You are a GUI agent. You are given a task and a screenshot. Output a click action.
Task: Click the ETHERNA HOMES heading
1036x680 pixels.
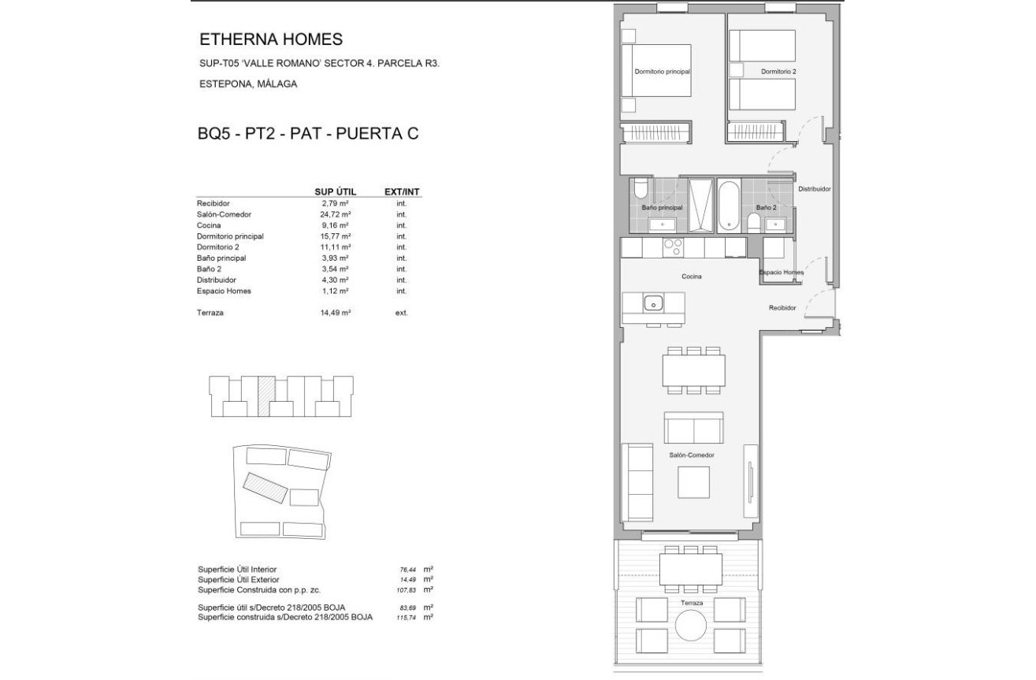271,39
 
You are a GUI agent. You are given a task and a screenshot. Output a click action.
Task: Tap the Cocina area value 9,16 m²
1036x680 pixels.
335,225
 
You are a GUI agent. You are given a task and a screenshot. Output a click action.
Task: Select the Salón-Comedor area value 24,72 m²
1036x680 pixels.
335,214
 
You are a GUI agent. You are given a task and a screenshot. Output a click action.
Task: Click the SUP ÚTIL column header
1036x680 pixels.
336,192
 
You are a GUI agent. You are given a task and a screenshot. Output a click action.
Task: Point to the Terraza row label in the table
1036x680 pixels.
210,313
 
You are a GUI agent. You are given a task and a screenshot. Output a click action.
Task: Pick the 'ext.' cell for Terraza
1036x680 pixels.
402,313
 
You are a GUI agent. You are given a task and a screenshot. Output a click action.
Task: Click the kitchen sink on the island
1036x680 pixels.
653,304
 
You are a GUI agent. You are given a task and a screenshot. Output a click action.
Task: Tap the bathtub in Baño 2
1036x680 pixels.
730,206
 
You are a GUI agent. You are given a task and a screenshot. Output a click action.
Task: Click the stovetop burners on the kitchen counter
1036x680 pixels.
673,247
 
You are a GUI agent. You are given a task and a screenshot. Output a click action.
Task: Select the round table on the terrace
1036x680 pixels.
691,625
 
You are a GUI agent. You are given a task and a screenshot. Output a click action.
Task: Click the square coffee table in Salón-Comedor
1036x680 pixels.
694,482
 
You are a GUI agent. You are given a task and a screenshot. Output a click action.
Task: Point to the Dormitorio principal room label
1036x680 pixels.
663,72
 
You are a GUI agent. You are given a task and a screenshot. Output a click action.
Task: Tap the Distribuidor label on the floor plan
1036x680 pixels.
815,189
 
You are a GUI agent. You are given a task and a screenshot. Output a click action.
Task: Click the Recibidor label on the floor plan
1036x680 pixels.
782,307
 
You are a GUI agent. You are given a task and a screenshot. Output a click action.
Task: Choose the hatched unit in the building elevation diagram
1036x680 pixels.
266,396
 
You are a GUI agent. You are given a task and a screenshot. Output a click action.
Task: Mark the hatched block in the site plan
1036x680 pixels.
265,488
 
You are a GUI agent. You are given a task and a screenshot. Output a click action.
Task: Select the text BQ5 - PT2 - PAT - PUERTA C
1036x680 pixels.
308,134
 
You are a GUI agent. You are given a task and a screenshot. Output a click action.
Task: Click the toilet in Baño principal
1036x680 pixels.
641,189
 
